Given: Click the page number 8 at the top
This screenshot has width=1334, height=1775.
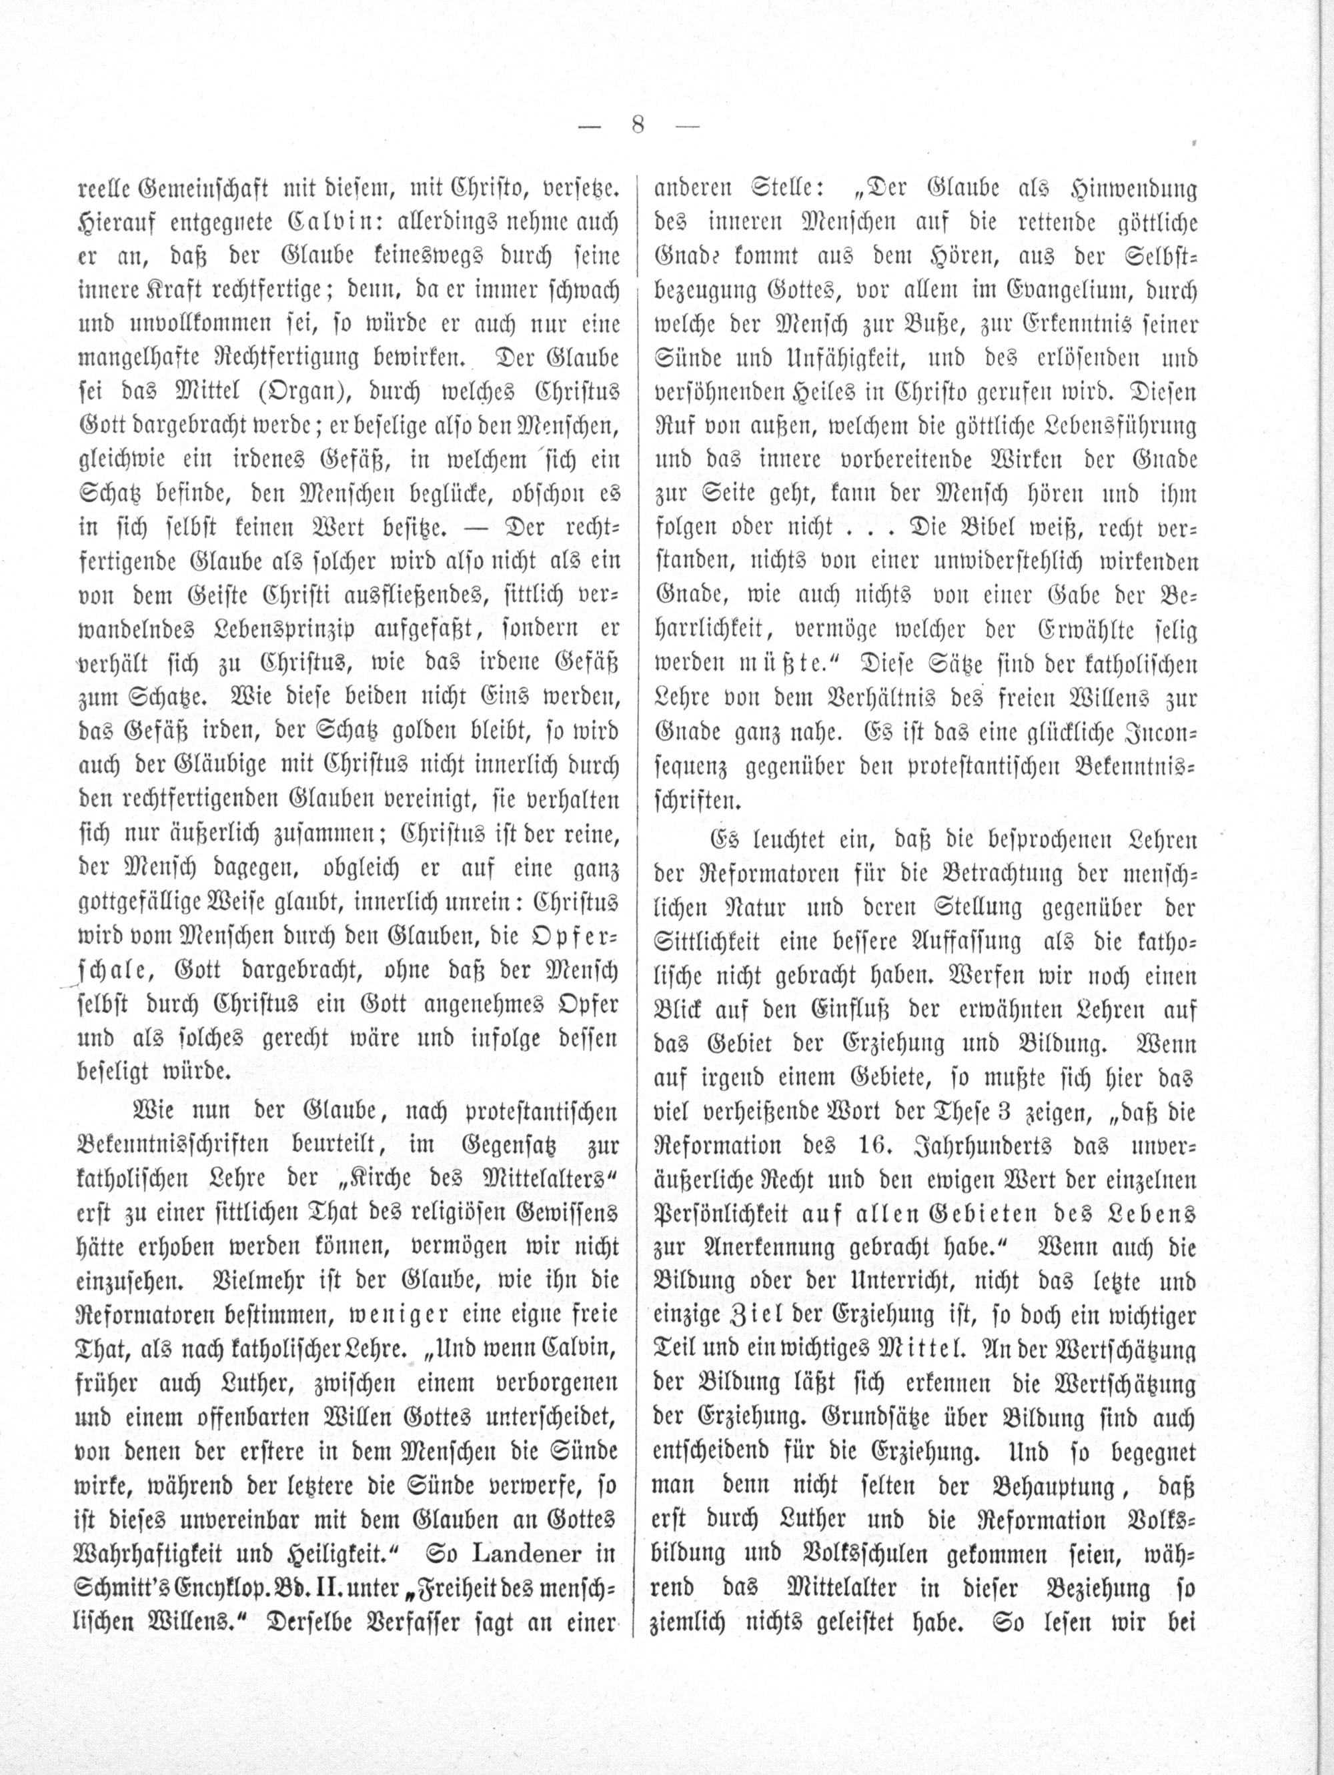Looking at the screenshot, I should tap(638, 126).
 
